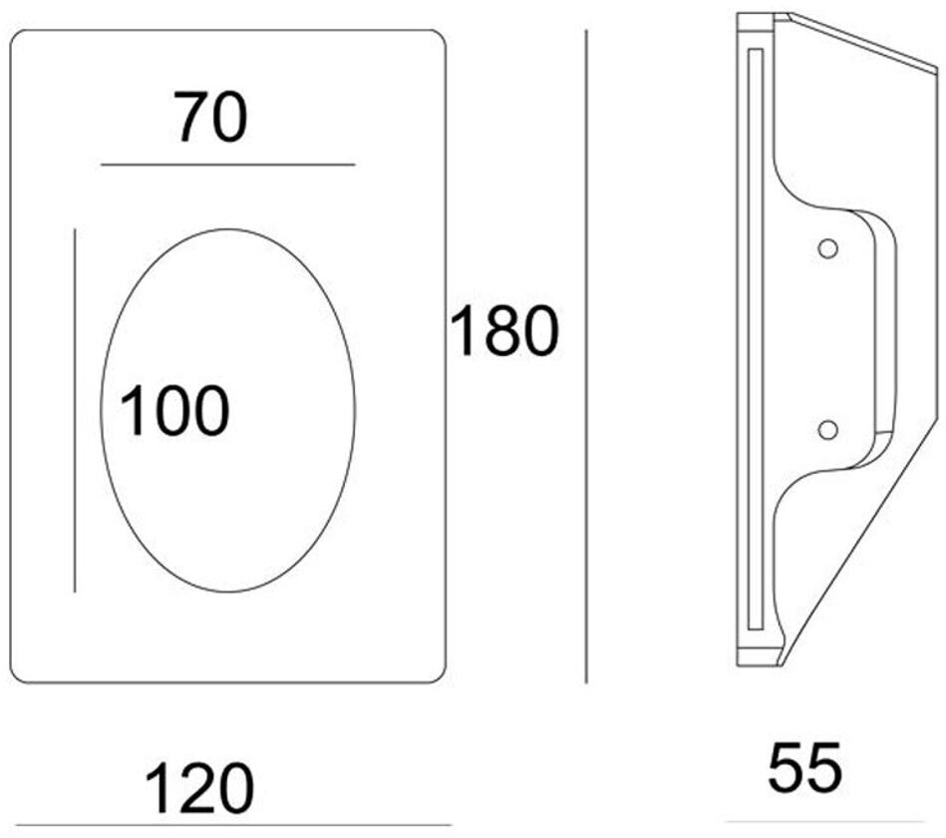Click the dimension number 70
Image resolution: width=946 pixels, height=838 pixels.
click(x=210, y=117)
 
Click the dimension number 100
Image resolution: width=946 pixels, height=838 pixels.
click(x=174, y=410)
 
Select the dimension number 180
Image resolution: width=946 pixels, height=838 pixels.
click(x=503, y=331)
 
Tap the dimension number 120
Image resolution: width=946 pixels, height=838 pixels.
click(x=199, y=789)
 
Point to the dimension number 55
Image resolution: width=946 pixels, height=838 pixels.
click(x=804, y=767)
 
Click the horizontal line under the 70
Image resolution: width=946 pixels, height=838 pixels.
click(x=228, y=164)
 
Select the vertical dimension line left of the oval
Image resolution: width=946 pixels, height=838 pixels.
click(x=75, y=410)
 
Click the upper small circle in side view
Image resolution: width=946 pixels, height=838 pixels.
click(x=826, y=248)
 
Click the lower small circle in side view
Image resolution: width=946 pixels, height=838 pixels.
click(x=826, y=429)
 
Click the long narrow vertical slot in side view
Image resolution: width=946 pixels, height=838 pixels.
click(x=755, y=339)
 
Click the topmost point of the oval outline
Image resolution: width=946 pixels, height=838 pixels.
click(x=228, y=229)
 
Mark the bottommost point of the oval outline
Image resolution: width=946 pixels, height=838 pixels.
click(x=228, y=592)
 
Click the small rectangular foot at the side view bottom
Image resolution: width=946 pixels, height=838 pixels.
click(x=758, y=657)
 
